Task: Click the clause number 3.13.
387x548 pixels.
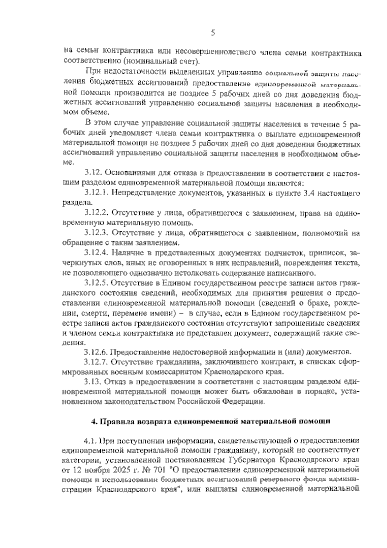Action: click(94, 382)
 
